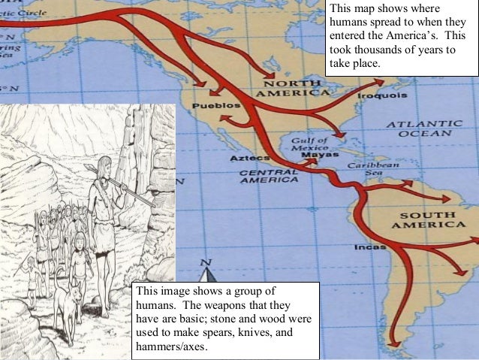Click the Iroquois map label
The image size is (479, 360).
point(382,96)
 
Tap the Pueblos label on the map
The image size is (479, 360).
point(212,107)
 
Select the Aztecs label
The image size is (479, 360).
point(245,159)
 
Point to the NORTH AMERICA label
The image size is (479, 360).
point(291,87)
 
